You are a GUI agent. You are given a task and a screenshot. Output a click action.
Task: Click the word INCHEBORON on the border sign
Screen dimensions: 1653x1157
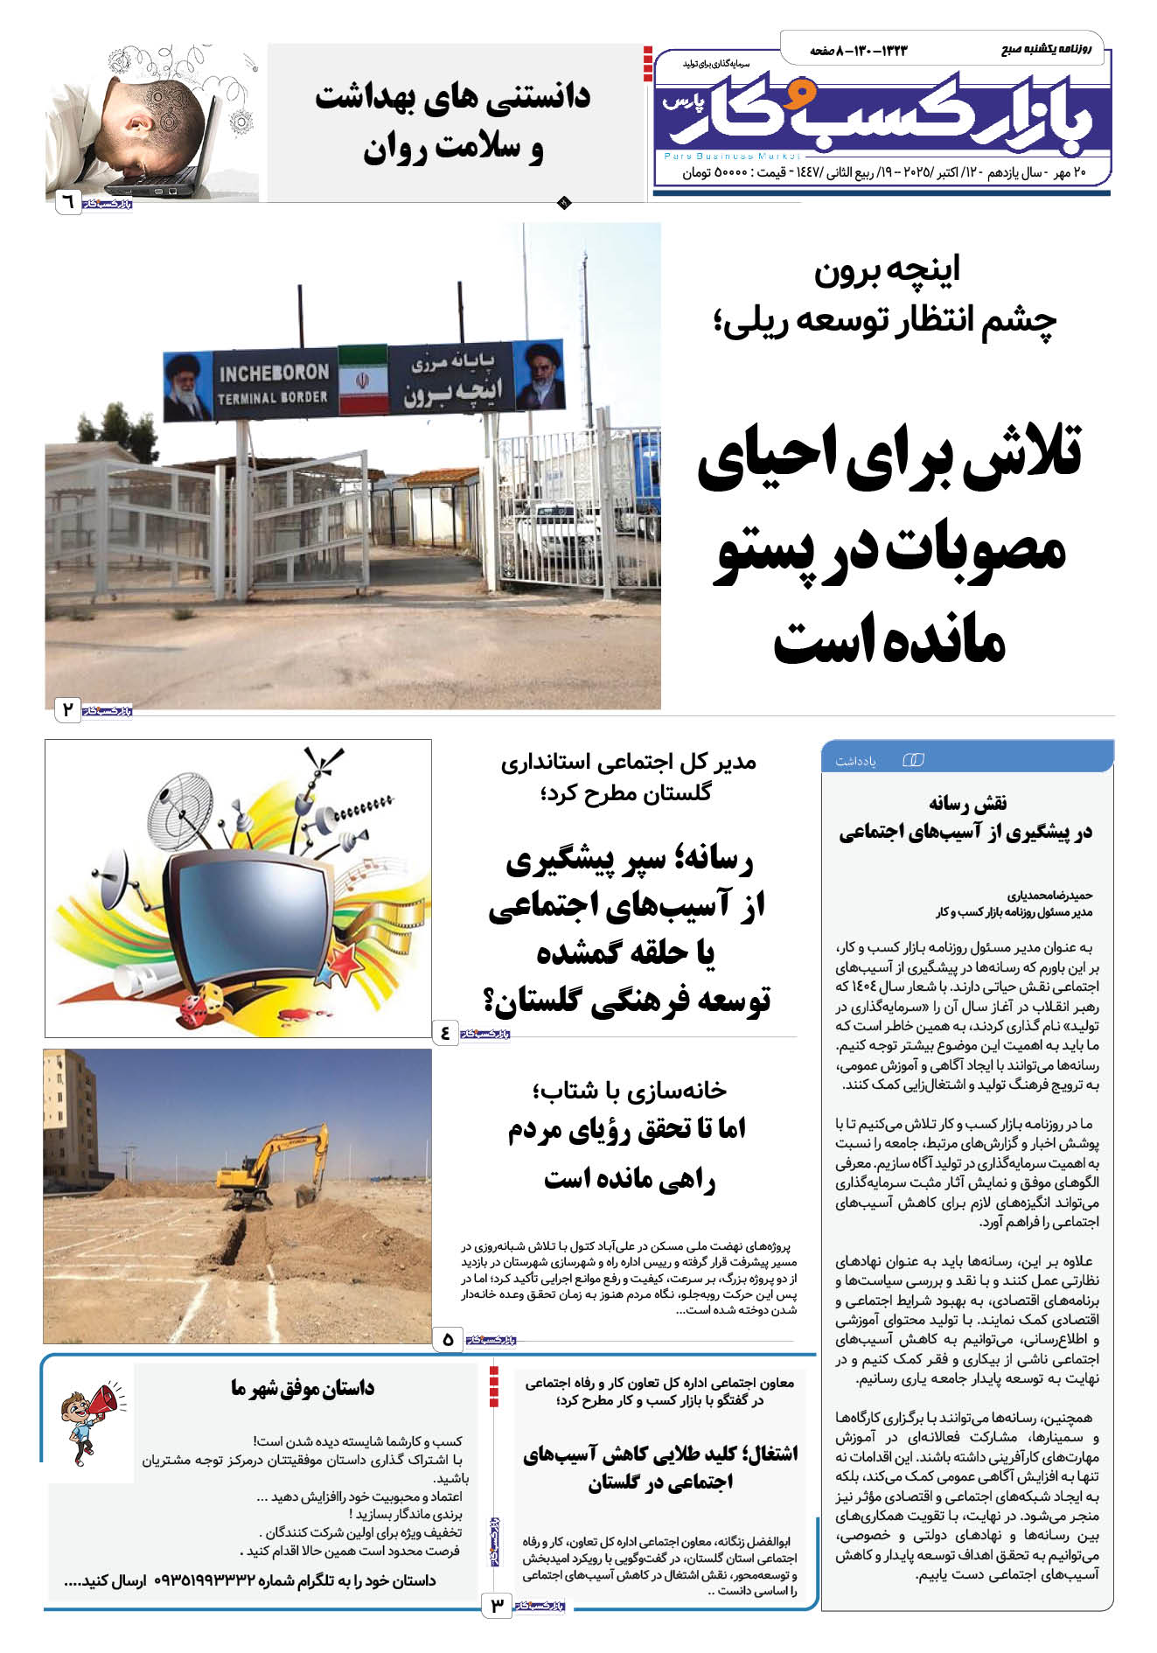[274, 373]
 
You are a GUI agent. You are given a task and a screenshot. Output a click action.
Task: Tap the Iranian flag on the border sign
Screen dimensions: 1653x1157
[363, 380]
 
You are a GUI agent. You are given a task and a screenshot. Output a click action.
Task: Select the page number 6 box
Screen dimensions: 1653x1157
[66, 204]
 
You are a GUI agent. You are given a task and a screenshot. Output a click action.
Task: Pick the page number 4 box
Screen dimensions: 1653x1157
[446, 1033]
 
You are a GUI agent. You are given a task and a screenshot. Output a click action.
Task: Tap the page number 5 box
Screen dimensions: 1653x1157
[448, 1339]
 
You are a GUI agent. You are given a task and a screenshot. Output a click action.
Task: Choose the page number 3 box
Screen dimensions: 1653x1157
[497, 1605]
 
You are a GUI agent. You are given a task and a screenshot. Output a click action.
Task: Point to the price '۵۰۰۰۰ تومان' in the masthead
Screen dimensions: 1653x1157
[713, 173]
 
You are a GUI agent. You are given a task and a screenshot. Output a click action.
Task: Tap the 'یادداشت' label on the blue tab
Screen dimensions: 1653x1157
[855, 761]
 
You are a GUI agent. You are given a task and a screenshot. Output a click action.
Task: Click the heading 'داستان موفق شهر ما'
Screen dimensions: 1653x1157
[303, 1388]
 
